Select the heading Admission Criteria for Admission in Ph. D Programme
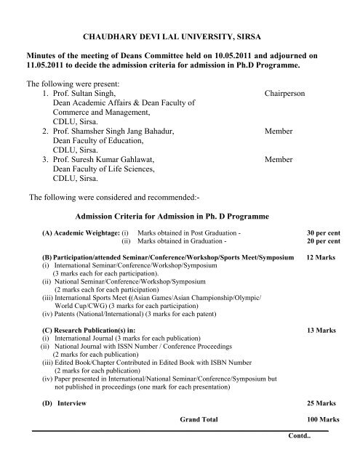click(x=172, y=217)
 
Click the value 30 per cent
click(x=324, y=233)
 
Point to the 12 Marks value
click(x=321, y=258)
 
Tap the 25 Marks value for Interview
click(x=321, y=403)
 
